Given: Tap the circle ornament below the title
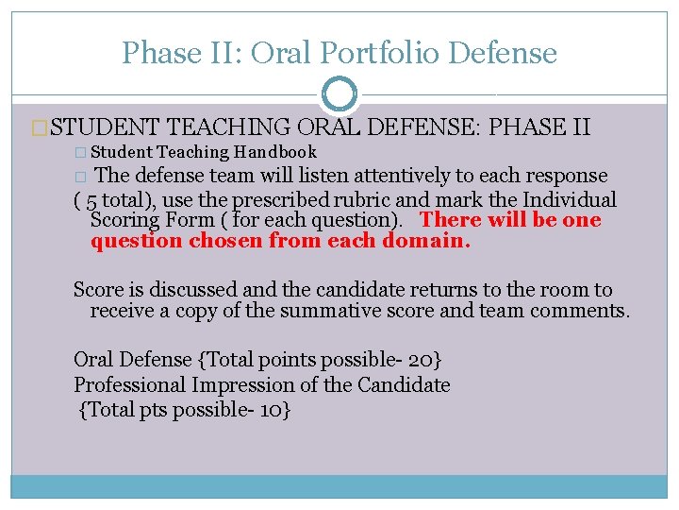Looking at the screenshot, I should pos(339,94).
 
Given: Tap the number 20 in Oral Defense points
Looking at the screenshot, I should pos(423,360).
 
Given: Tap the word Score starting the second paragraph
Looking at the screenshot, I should pos(99,290).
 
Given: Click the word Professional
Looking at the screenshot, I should pos(131,384).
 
